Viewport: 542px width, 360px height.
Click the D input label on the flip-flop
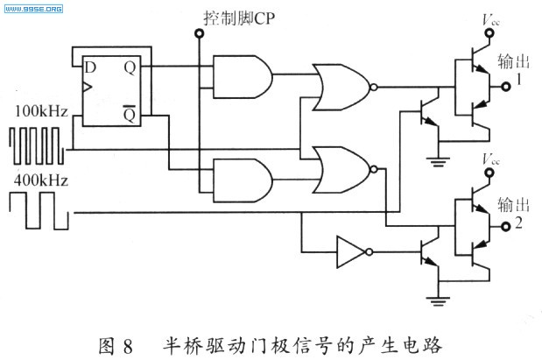tap(90, 67)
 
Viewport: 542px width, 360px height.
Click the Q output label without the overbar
tap(130, 68)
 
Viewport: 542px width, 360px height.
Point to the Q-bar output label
tap(130, 113)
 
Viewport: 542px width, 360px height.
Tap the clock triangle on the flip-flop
tap(88, 88)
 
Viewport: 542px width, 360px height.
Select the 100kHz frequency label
tap(41, 111)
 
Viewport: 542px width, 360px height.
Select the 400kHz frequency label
tap(41, 180)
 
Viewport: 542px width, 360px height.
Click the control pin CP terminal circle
tap(199, 33)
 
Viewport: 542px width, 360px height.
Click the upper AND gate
tap(243, 76)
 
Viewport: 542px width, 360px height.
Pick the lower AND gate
tap(243, 180)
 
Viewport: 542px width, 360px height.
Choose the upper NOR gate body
tap(341, 87)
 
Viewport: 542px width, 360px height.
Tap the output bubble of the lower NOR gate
tap(374, 169)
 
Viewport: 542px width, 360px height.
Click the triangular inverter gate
tap(351, 251)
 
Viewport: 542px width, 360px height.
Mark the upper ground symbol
tap(438, 161)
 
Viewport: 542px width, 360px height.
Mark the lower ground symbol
tap(438, 301)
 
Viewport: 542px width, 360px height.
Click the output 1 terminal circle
tap(506, 87)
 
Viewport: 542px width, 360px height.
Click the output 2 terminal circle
tap(506, 227)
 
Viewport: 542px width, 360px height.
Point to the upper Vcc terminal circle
tap(489, 33)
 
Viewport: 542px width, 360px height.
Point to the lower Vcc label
tap(491, 159)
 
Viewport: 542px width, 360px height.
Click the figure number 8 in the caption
tap(127, 346)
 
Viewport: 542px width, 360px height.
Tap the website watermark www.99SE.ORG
tap(33, 9)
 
